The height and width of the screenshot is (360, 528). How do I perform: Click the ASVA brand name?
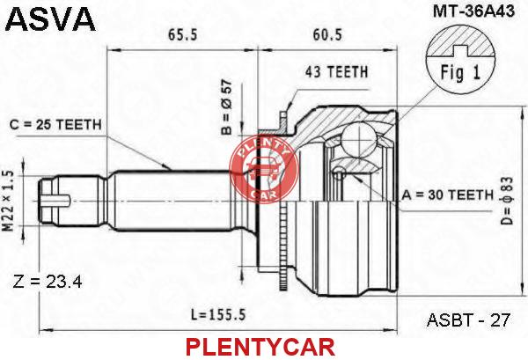(x=50, y=18)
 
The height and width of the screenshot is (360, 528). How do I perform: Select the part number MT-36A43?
(x=473, y=11)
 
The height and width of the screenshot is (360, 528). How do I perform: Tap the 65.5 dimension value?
(x=182, y=34)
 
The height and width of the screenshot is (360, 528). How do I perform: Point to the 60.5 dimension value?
(x=327, y=34)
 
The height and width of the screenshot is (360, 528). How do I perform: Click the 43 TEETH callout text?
(x=336, y=72)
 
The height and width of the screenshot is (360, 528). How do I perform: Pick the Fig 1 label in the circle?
(x=460, y=72)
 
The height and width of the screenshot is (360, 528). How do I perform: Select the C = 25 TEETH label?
(x=55, y=125)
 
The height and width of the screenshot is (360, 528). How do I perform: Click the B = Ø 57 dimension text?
(x=227, y=107)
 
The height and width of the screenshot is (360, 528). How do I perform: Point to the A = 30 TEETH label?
(x=448, y=195)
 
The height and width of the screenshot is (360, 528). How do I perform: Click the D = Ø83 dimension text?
(x=507, y=201)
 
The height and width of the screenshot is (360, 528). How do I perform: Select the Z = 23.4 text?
(x=48, y=282)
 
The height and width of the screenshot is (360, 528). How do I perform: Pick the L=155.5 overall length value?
(x=219, y=315)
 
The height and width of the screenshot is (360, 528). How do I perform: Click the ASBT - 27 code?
(x=468, y=320)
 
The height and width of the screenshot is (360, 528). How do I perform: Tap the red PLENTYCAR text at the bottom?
(x=260, y=347)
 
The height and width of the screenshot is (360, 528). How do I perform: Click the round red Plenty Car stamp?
(x=264, y=169)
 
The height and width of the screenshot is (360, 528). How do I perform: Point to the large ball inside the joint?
(x=359, y=138)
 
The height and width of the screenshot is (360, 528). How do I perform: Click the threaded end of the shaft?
(x=55, y=201)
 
